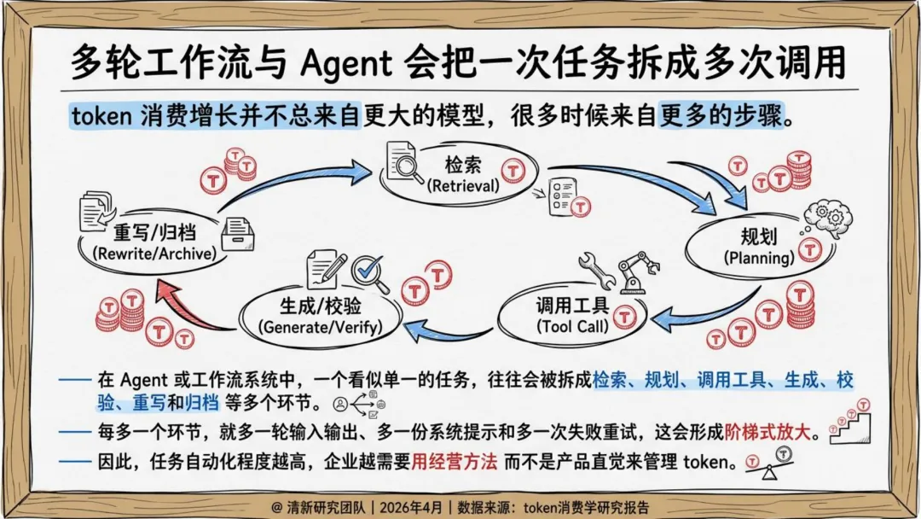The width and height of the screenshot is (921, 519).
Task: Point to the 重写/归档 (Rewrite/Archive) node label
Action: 153,242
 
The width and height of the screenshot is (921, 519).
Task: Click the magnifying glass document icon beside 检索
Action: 404,162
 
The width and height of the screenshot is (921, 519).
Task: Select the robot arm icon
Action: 638,270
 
